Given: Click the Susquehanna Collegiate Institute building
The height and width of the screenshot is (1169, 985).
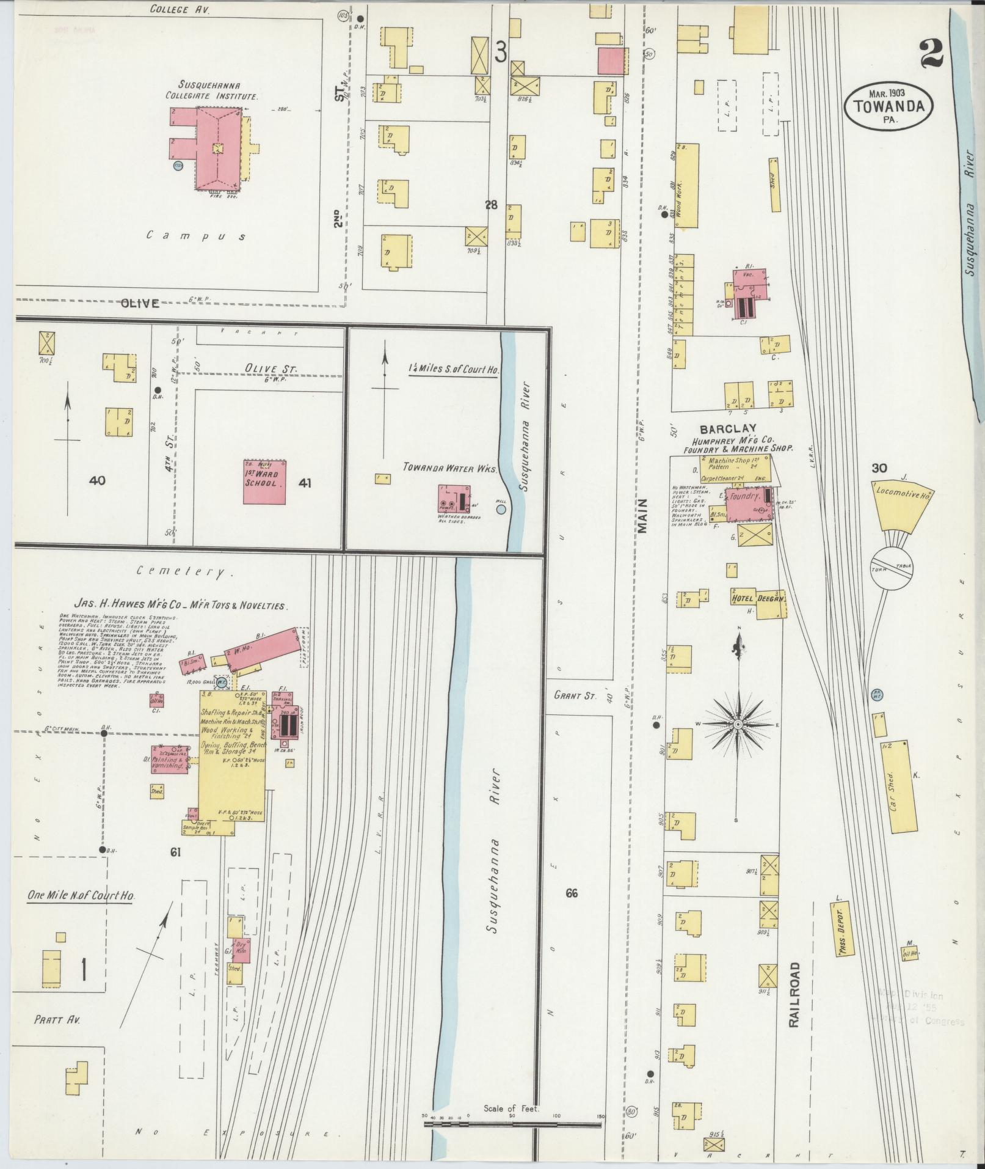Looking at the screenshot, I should tap(217, 148).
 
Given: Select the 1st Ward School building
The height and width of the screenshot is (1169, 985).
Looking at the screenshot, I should tap(264, 482).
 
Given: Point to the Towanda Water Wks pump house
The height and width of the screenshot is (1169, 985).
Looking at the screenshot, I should tap(454, 499).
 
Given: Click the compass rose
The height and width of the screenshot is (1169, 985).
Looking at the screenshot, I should tap(738, 724).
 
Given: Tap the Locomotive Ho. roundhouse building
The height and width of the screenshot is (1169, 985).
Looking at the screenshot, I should tap(903, 504).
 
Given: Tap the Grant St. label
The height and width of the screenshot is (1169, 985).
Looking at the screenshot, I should tap(575, 695).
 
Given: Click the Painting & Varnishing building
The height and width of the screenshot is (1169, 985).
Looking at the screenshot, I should tap(169, 760).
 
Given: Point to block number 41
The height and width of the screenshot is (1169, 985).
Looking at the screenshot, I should tap(305, 483).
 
